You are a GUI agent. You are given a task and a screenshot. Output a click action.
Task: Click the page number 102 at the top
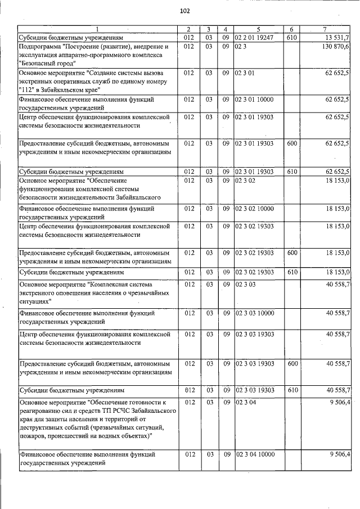point(184,11)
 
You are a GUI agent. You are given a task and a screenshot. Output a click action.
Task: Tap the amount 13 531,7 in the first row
point(336,37)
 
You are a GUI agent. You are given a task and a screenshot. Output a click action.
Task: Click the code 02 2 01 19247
point(254,37)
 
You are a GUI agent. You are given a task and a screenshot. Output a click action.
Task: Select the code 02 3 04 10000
point(254,454)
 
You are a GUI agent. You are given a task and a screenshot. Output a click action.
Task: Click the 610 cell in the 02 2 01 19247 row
point(291,37)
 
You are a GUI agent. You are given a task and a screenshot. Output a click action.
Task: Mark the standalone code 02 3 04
point(246,403)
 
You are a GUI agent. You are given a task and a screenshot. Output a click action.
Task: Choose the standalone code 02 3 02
point(246,181)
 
